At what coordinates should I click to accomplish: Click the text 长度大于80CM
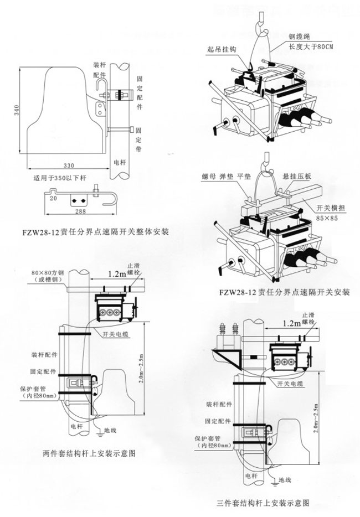(311, 46)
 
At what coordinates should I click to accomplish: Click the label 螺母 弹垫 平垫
(227, 177)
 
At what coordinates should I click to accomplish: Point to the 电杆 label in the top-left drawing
(119, 163)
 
